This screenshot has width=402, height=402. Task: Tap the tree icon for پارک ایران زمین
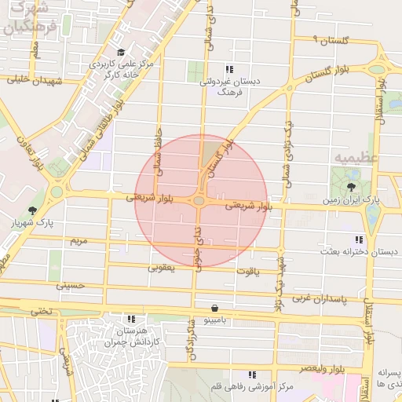[x=350, y=186]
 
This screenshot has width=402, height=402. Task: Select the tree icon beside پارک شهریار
[x=32, y=210]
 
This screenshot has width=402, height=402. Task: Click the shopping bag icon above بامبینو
[x=214, y=308]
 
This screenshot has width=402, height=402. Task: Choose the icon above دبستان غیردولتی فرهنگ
[x=229, y=69]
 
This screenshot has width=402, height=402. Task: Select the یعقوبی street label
[x=162, y=268]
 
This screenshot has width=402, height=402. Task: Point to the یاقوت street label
[x=246, y=271]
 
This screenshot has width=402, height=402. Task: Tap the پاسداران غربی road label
[x=323, y=299]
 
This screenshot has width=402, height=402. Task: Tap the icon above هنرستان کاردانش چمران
[x=130, y=319]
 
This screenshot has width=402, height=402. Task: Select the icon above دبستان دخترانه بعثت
[x=359, y=239]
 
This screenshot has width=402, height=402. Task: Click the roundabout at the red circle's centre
[x=200, y=201]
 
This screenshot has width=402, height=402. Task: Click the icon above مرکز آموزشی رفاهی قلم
[x=252, y=375]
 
